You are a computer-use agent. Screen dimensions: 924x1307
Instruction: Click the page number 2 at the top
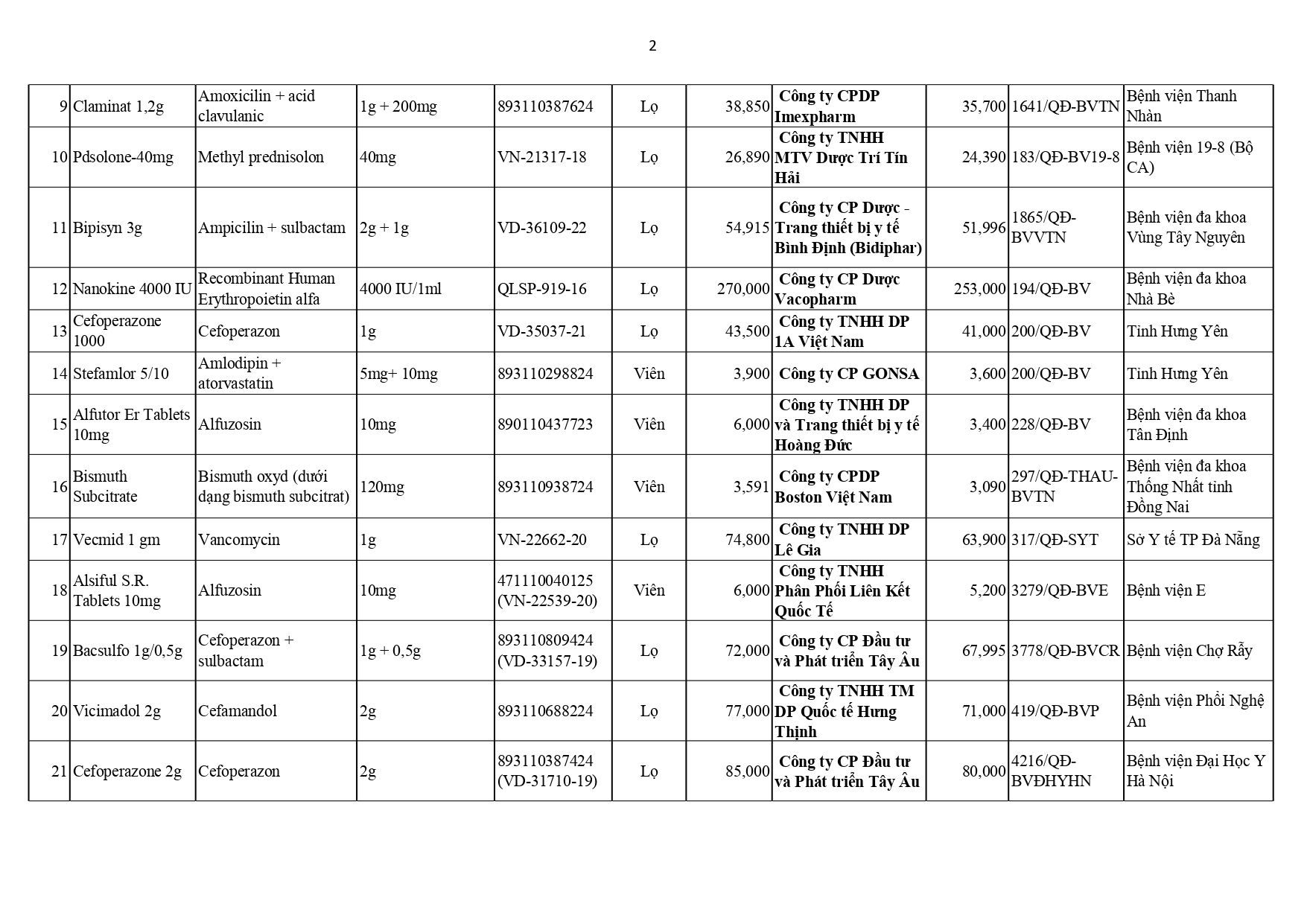pyautogui.click(x=652, y=46)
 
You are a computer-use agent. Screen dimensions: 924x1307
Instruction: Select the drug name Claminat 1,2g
pyautogui.click(x=118, y=106)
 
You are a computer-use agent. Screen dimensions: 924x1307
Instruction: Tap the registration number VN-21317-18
pyautogui.click(x=541, y=157)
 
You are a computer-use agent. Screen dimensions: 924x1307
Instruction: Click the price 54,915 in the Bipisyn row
pyautogui.click(x=747, y=228)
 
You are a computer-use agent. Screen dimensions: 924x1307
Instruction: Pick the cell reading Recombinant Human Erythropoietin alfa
pyautogui.click(x=267, y=289)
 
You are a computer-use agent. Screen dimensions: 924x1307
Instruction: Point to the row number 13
pyautogui.click(x=60, y=331)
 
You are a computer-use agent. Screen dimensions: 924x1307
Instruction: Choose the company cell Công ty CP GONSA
pyautogui.click(x=848, y=374)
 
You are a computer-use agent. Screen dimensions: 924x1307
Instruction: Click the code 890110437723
pyautogui.click(x=545, y=424)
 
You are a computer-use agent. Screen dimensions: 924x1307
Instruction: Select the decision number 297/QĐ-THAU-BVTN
pyautogui.click(x=1064, y=486)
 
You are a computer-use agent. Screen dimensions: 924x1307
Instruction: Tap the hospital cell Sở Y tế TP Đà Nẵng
pyautogui.click(x=1193, y=540)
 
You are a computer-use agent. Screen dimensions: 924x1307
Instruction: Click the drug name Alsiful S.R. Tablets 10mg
pyautogui.click(x=117, y=590)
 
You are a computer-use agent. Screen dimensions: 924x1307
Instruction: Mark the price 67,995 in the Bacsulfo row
pyautogui.click(x=984, y=651)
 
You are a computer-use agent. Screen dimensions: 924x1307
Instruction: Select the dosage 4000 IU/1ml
pyautogui.click(x=401, y=289)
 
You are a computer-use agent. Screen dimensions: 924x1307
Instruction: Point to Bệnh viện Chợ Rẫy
pyautogui.click(x=1189, y=651)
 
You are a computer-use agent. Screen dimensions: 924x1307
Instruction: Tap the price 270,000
pyautogui.click(x=743, y=289)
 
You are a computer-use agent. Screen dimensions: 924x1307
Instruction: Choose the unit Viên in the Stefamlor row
pyautogui.click(x=649, y=374)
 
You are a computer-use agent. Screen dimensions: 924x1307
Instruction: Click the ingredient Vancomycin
pyautogui.click(x=239, y=540)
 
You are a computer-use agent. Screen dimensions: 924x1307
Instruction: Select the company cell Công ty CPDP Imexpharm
pyautogui.click(x=828, y=106)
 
